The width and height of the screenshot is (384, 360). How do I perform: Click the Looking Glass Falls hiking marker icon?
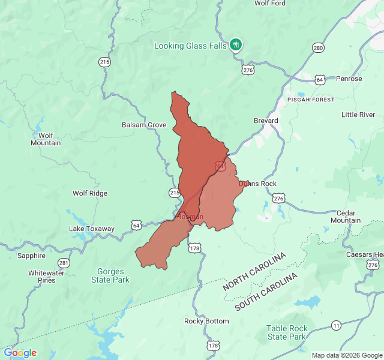pyautogui.click(x=236, y=44)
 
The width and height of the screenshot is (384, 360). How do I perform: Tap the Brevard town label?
pyautogui.click(x=265, y=121)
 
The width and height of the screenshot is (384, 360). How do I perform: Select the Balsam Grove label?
pyautogui.click(x=144, y=125)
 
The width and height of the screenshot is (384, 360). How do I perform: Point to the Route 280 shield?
pyautogui.click(x=318, y=48)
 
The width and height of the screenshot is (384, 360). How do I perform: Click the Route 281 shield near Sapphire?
pyautogui.click(x=64, y=263)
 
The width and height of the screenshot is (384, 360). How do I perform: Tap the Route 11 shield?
pyautogui.click(x=335, y=325)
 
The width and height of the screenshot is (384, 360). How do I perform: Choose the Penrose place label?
pyautogui.click(x=349, y=79)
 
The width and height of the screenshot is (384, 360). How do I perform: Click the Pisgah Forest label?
pyautogui.click(x=310, y=99)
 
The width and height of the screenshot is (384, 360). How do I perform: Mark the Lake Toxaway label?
pyautogui.click(x=91, y=229)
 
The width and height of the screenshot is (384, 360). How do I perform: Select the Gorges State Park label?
pyautogui.click(x=110, y=275)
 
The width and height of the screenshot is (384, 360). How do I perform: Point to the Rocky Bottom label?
pyautogui.click(x=206, y=321)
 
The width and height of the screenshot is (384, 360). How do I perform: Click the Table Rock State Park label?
pyautogui.click(x=287, y=332)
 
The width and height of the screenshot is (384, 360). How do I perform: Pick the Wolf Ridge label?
pyautogui.click(x=90, y=193)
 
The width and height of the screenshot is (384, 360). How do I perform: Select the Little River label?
pyautogui.click(x=358, y=115)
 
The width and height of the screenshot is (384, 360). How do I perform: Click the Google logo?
pyautogui.click(x=20, y=353)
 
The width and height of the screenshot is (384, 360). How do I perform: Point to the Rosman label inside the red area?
pyautogui.click(x=191, y=217)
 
